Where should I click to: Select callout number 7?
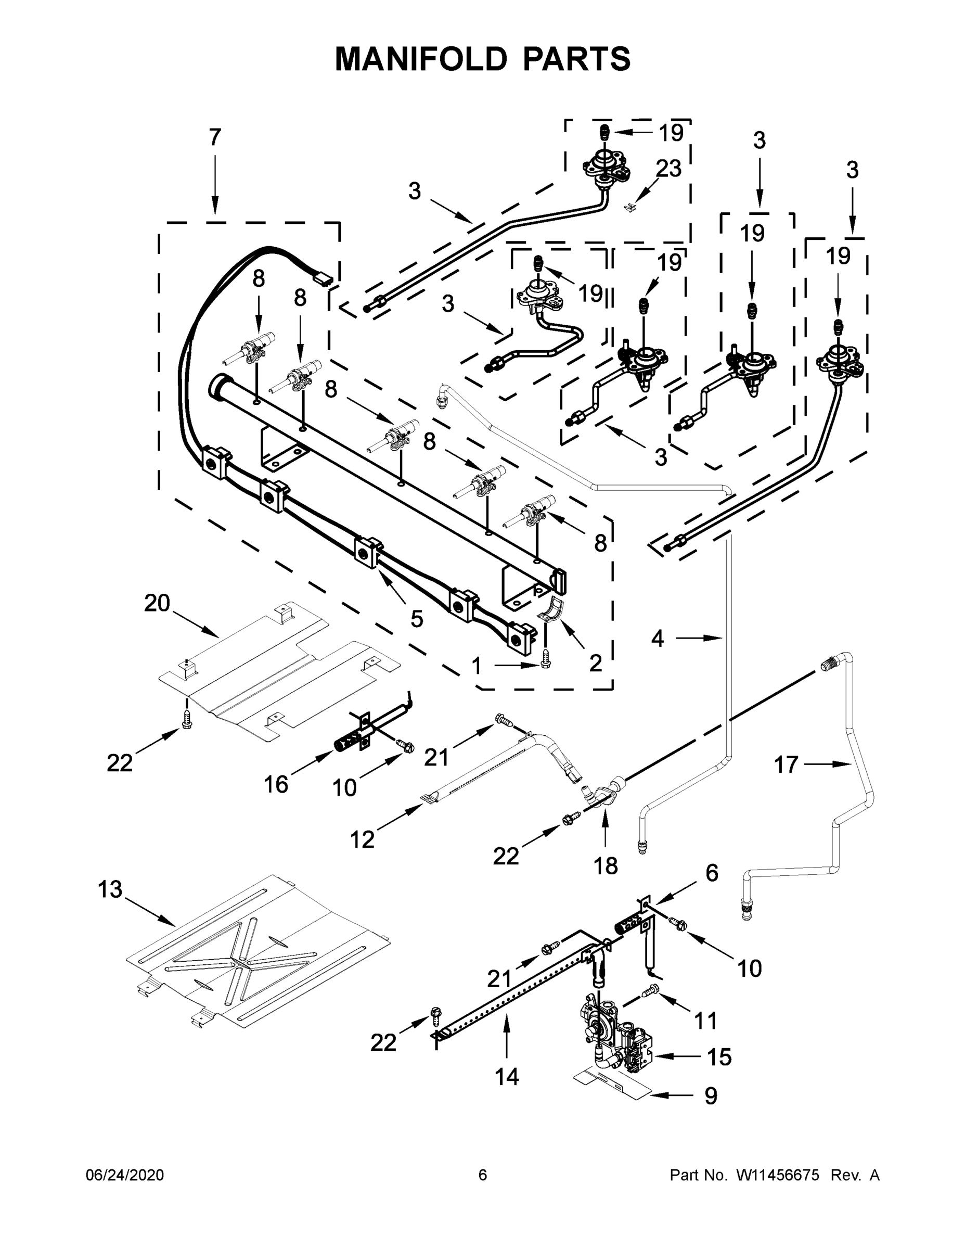(x=214, y=137)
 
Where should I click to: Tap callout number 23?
(x=668, y=169)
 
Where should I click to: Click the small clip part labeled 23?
(x=629, y=207)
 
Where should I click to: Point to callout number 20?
(x=157, y=603)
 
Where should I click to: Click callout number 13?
(x=110, y=889)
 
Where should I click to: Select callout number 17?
(x=786, y=764)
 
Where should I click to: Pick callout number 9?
(x=710, y=1095)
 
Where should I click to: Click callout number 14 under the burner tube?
(x=507, y=1076)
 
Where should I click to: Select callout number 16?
(x=276, y=785)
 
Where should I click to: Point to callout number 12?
(x=363, y=839)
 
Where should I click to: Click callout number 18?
(x=606, y=866)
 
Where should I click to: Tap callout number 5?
(x=416, y=618)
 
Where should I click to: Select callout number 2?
(x=595, y=664)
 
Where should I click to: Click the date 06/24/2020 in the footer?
(x=125, y=1175)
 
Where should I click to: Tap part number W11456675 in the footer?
(x=778, y=1175)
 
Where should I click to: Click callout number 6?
(x=711, y=873)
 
